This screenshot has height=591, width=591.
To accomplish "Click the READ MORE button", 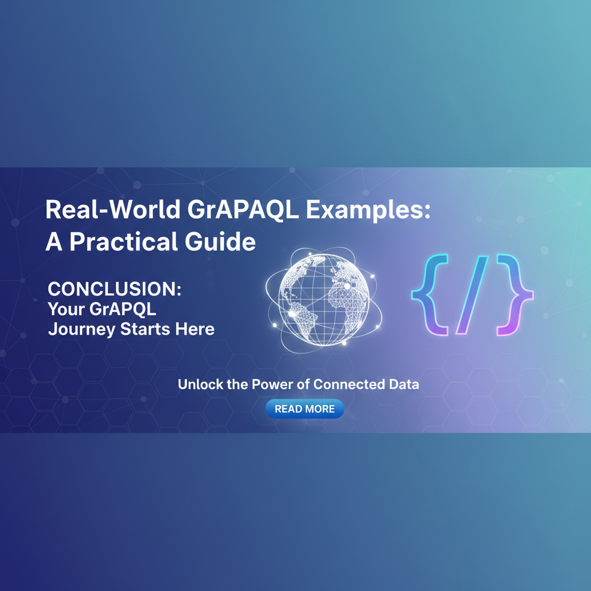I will (x=304, y=409).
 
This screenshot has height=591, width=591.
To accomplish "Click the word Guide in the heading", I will (x=225, y=241).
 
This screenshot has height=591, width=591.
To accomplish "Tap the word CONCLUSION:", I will (x=114, y=289).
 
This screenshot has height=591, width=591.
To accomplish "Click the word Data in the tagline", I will (x=404, y=384).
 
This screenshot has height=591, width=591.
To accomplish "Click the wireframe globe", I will (x=323, y=297).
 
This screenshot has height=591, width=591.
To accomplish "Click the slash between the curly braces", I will (x=470, y=294).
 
